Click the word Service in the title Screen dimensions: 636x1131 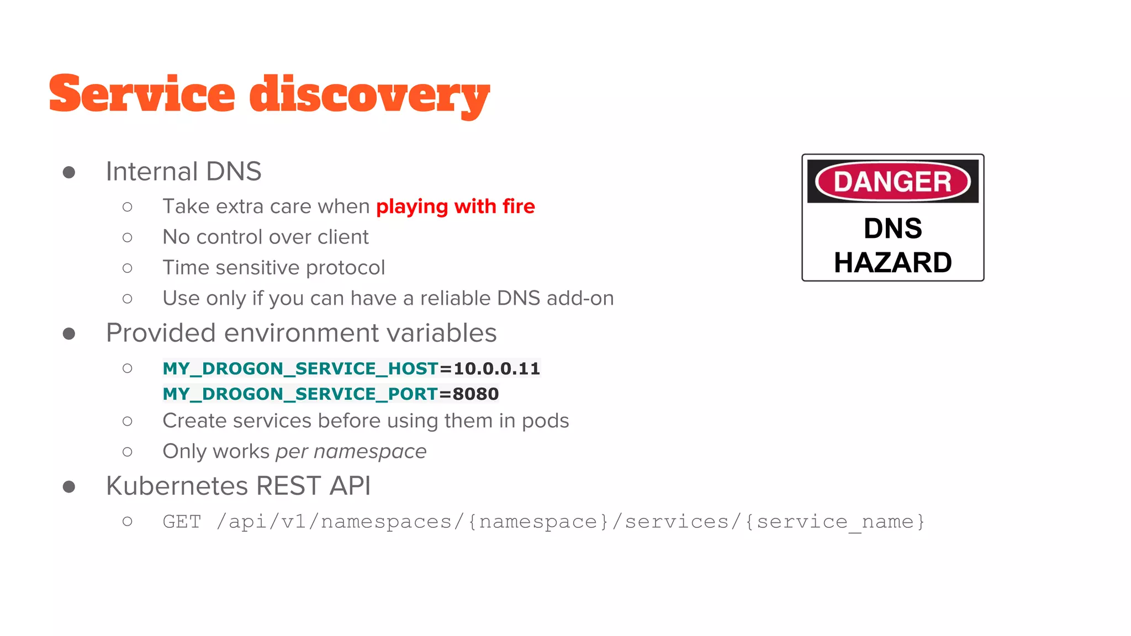(x=142, y=94)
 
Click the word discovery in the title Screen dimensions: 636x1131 (x=369, y=95)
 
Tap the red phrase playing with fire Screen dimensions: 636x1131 (x=455, y=206)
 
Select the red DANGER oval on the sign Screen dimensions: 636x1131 (x=892, y=181)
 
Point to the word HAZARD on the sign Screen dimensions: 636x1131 (x=892, y=262)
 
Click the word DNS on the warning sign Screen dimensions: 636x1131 (x=892, y=229)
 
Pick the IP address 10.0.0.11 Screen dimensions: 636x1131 (x=496, y=368)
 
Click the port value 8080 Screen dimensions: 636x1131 (x=475, y=394)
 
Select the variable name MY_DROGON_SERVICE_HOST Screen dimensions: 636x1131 (x=300, y=368)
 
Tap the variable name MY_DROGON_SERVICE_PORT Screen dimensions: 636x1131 (x=300, y=394)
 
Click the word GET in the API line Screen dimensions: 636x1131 (x=182, y=522)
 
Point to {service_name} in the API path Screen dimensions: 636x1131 (x=834, y=522)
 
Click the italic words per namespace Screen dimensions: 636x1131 (x=351, y=452)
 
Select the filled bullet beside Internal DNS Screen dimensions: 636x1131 (x=69, y=172)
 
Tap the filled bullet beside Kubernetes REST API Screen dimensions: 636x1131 (x=69, y=486)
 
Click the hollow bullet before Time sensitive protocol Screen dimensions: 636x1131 (x=128, y=268)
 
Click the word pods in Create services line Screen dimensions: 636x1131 (x=545, y=421)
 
